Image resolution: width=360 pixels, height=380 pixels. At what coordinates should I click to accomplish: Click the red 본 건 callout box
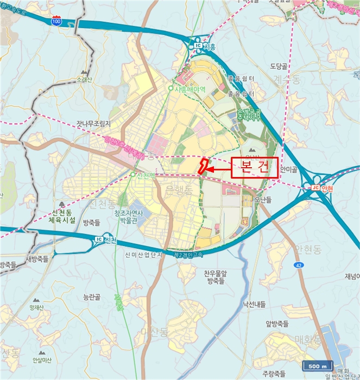click(254, 168)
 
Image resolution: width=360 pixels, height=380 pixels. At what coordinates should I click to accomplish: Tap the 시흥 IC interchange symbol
click(198, 46)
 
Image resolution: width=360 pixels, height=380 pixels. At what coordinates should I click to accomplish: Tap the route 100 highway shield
click(56, 21)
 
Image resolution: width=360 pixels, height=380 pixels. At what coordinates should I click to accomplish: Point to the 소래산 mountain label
click(85, 79)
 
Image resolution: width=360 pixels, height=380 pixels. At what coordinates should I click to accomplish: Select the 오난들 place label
click(263, 200)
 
